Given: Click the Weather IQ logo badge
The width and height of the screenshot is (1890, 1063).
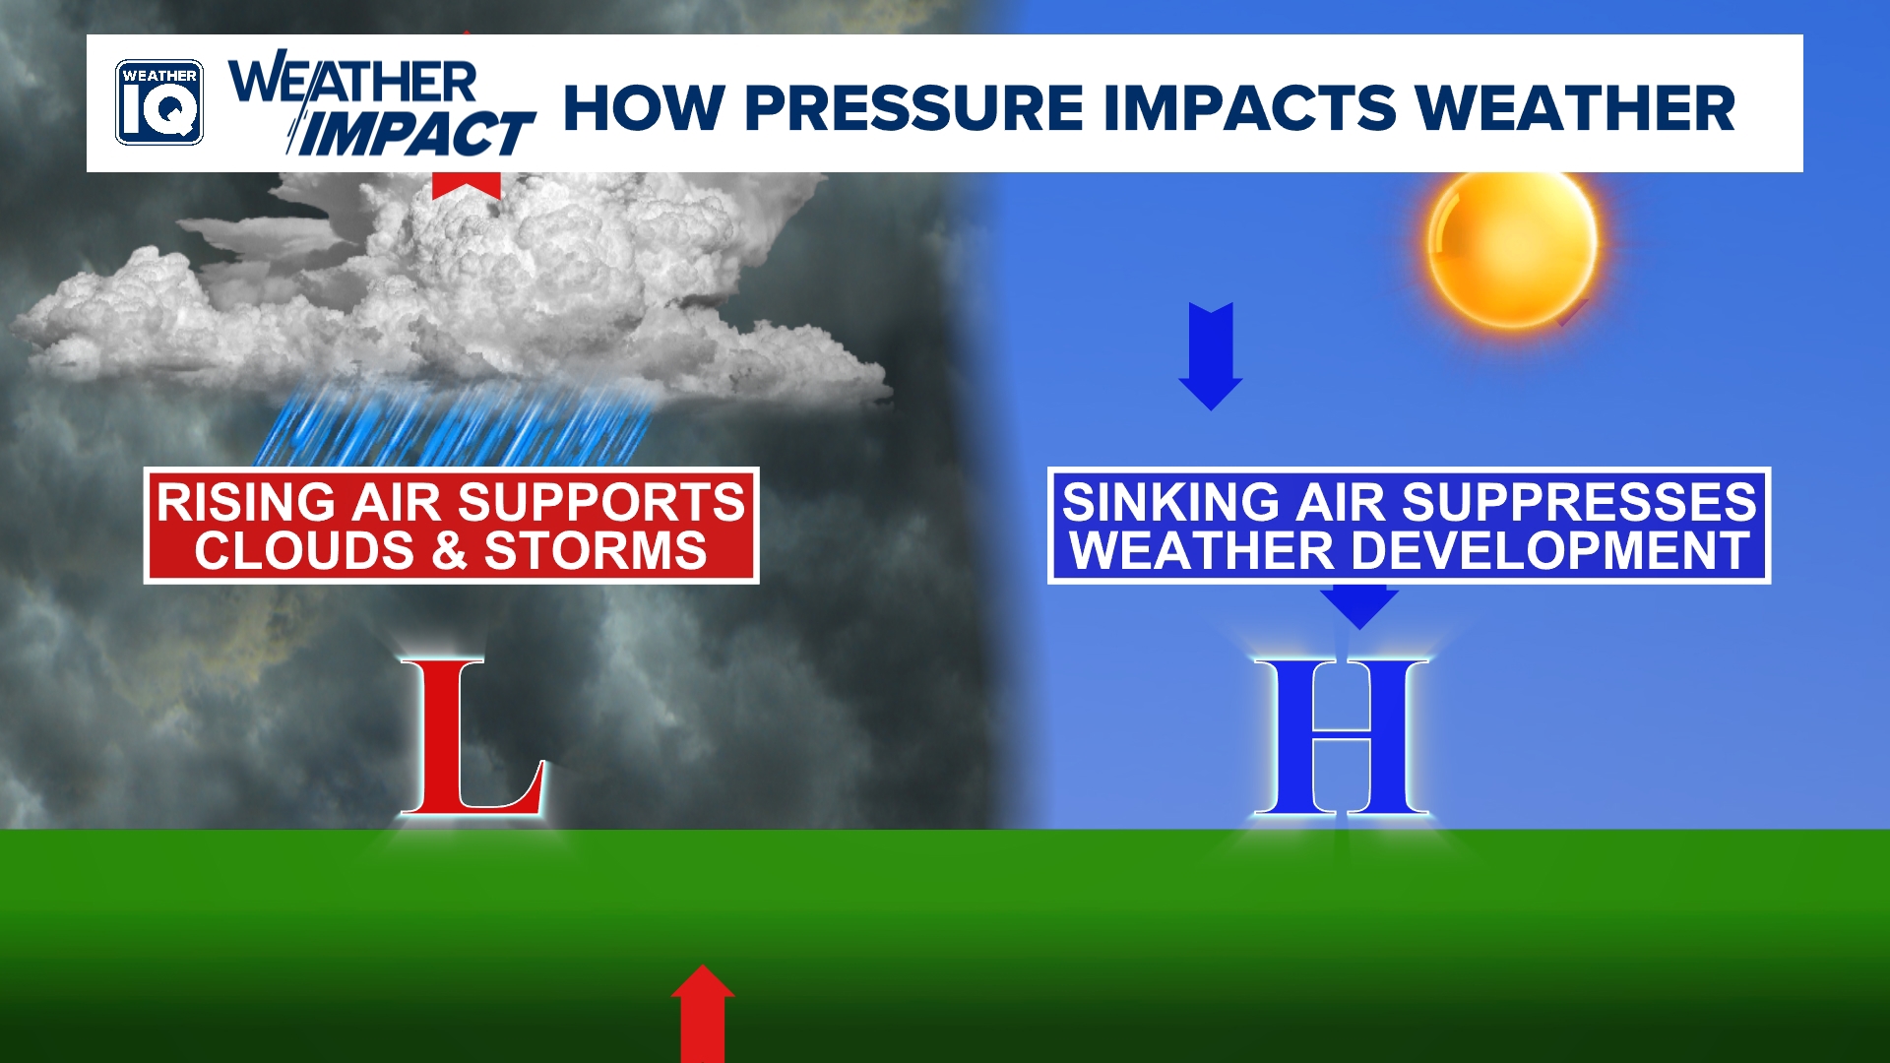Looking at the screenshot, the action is (x=159, y=102).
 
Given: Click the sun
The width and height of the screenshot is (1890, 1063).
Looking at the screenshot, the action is (x=1512, y=245).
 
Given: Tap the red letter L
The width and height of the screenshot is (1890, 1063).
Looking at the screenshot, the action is (x=472, y=736).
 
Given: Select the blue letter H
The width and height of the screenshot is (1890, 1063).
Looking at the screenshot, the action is (x=1341, y=736).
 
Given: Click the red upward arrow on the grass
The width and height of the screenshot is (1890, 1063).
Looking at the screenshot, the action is (x=703, y=1014).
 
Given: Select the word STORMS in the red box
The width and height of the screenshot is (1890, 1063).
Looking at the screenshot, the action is (x=596, y=550).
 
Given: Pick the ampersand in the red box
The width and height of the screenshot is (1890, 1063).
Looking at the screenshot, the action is (x=449, y=550).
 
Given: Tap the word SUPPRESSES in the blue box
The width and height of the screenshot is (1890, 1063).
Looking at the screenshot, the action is (x=1579, y=502).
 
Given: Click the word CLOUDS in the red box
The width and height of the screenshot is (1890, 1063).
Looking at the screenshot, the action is (x=304, y=550).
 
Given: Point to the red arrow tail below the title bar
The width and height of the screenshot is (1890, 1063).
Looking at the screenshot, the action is (x=467, y=185).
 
